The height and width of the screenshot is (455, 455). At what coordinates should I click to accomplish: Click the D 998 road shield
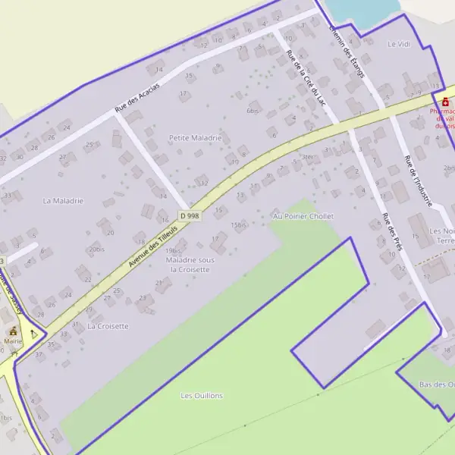tap(190, 216)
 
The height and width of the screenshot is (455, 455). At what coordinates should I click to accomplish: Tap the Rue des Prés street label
tap(391, 232)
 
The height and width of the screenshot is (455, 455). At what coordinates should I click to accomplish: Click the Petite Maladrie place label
tap(195, 138)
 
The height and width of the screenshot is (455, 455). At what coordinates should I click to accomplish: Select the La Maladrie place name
tap(63, 201)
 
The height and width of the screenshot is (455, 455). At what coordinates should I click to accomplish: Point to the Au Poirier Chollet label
tap(303, 216)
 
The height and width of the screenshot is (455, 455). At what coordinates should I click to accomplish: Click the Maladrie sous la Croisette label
tap(190, 265)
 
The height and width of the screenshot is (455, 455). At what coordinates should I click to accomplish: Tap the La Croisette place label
tap(108, 326)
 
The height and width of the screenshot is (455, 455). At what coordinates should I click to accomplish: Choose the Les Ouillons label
tap(202, 396)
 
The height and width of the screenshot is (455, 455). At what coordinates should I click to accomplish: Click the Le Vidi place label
tap(398, 45)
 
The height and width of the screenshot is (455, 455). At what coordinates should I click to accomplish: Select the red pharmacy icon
tap(444, 102)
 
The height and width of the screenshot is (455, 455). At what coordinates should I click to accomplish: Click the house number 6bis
tap(253, 111)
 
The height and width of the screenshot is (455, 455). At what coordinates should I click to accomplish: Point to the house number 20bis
tap(96, 249)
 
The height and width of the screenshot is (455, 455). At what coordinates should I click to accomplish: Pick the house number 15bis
tap(239, 225)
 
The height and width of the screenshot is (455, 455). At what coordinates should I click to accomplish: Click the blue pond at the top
tap(362, 11)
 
